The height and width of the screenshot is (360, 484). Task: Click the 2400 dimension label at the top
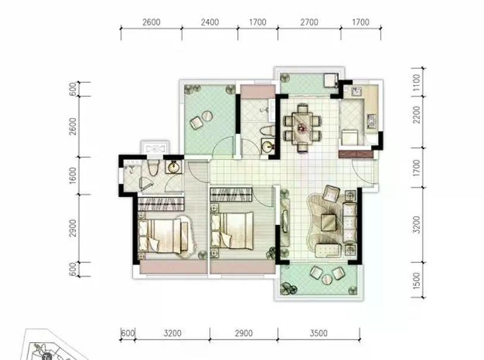(210, 22)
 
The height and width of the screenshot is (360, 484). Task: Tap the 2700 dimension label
(309, 22)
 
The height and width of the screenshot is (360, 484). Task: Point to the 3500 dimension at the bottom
(319, 333)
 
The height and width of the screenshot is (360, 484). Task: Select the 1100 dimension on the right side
(416, 82)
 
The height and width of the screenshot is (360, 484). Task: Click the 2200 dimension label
(416, 115)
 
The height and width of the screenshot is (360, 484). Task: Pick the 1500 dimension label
(416, 280)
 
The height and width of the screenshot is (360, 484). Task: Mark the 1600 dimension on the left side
(73, 175)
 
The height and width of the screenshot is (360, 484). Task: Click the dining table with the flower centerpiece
(303, 127)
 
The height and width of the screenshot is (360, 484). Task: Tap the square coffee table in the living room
(328, 222)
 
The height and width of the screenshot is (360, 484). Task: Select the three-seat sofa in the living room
(350, 222)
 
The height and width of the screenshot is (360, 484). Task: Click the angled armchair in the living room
(331, 194)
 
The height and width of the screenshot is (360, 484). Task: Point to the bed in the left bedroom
(163, 236)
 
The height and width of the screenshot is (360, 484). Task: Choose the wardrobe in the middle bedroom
(231, 194)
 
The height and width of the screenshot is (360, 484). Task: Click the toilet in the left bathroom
(153, 167)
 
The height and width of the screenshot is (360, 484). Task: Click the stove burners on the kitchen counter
(370, 121)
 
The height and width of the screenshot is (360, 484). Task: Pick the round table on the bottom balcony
(326, 279)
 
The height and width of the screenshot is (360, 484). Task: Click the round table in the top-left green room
(207, 116)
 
